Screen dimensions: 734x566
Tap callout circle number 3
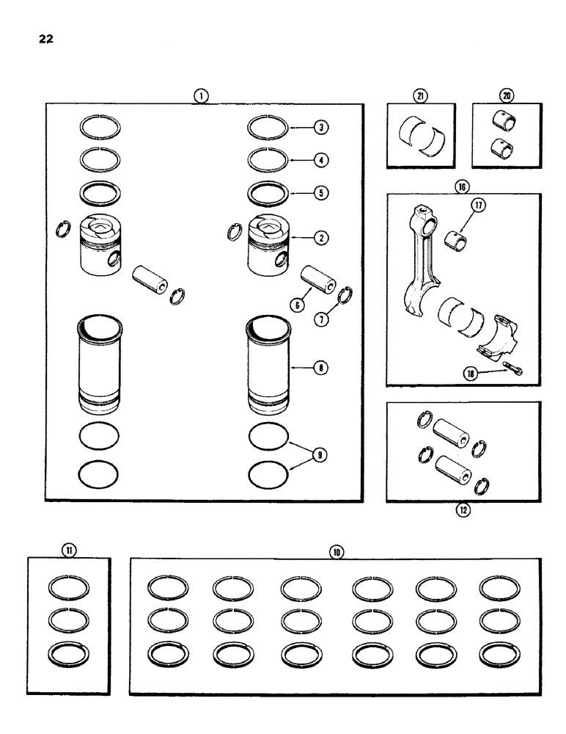320,127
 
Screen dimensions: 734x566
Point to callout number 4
320,159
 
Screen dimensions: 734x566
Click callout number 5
320,194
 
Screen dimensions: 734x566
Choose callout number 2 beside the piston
320,237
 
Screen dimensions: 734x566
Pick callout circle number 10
336,550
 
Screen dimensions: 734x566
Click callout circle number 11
67,549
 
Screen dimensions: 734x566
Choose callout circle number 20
506,95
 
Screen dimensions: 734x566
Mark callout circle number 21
420,95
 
